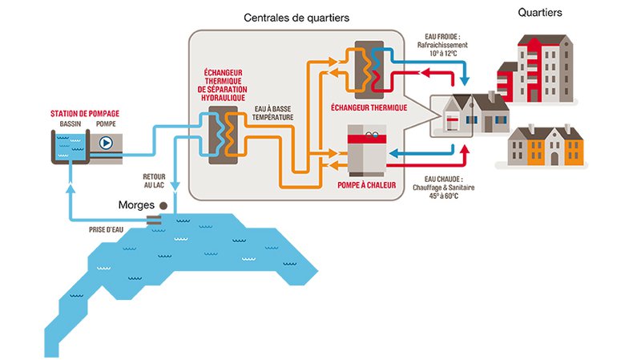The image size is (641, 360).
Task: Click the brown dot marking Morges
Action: click(x=163, y=206)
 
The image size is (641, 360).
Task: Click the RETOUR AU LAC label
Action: click(x=153, y=180)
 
